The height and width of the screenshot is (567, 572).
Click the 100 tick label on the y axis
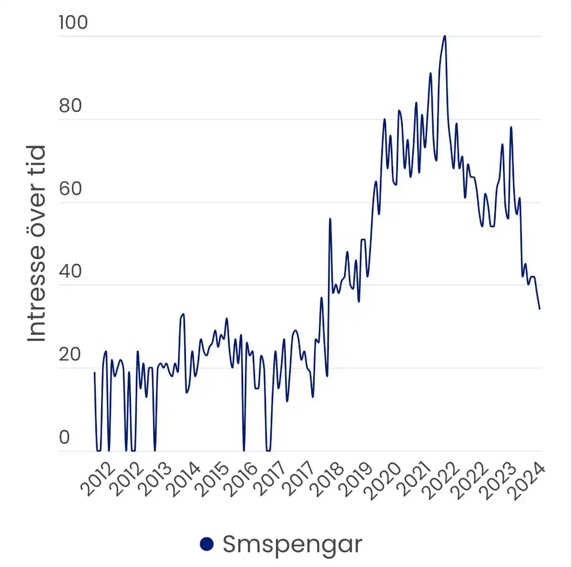click(x=73, y=22)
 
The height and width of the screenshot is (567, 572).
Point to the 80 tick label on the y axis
click(x=70, y=106)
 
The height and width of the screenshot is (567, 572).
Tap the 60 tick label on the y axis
click(x=70, y=189)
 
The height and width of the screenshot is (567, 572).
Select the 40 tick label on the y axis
click(x=70, y=272)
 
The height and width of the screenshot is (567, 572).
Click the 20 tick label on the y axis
click(x=70, y=354)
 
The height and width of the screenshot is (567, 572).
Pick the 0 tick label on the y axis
click(x=64, y=437)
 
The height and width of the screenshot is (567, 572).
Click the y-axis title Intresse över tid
click(x=37, y=243)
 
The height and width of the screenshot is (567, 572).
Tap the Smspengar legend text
click(x=292, y=544)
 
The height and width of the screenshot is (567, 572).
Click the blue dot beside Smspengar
click(x=206, y=544)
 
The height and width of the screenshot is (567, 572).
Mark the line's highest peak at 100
click(x=445, y=36)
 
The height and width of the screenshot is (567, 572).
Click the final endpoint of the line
click(x=540, y=309)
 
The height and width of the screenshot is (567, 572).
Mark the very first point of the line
click(x=94, y=373)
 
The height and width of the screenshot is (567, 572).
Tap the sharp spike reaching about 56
click(x=330, y=219)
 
